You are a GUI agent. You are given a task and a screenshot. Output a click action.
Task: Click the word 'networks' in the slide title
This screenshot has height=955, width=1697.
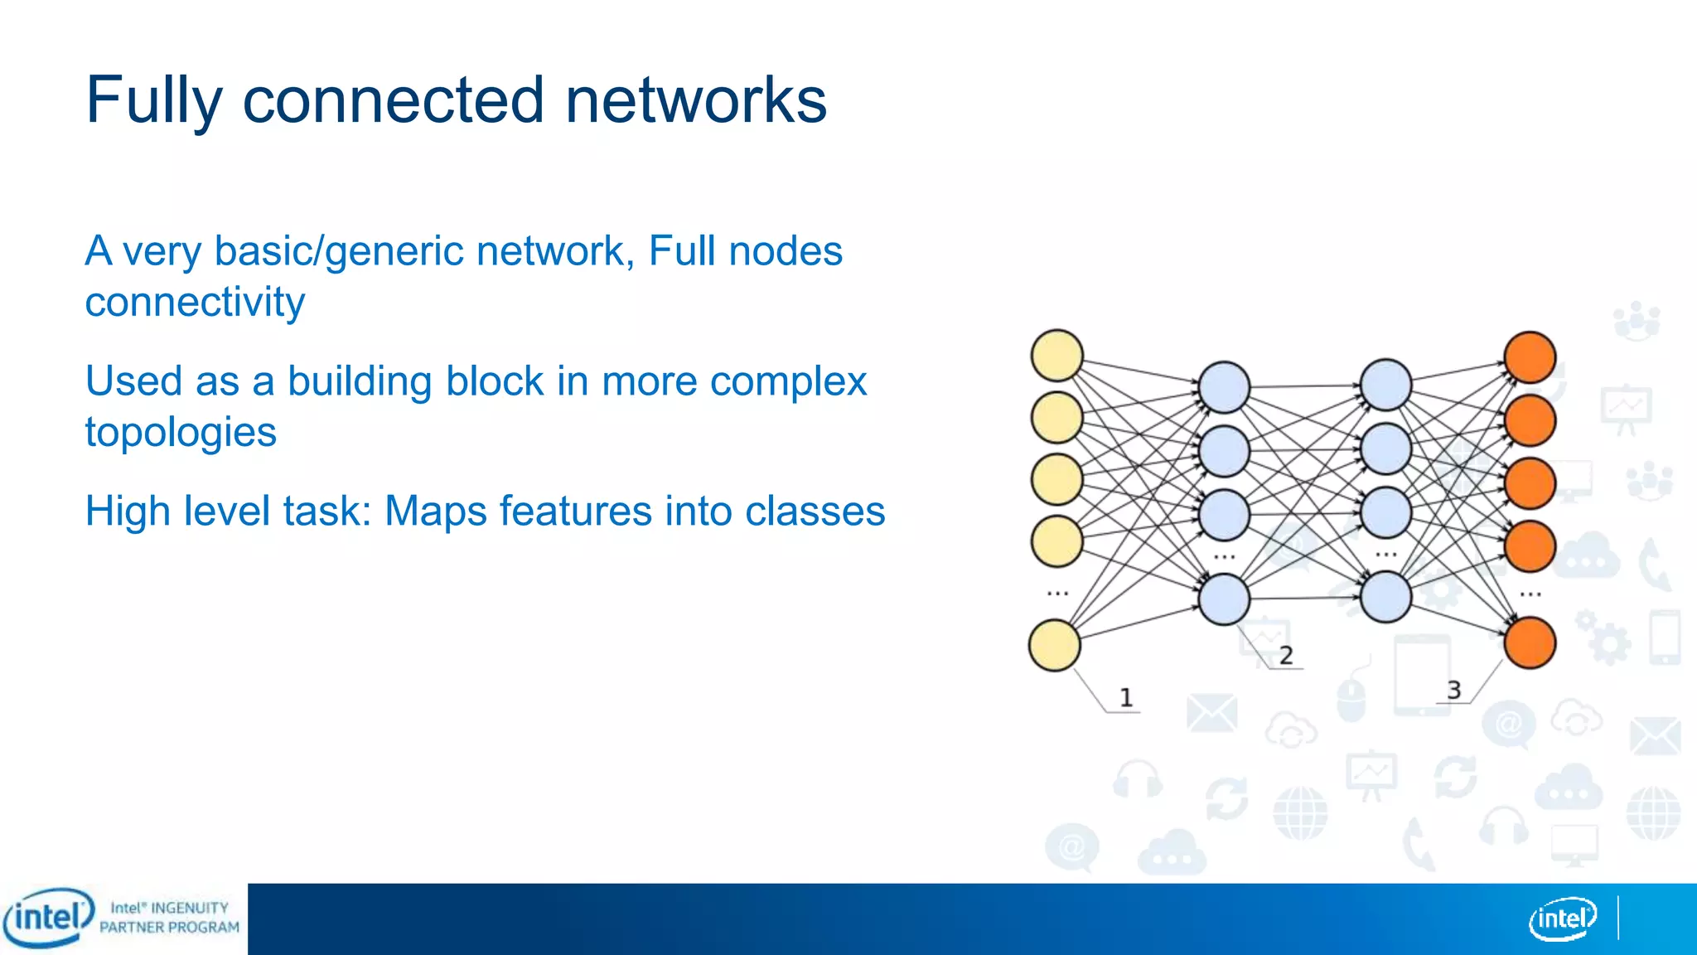[695, 100]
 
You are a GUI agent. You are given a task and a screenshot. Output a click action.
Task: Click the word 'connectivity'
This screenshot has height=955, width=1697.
[195, 303]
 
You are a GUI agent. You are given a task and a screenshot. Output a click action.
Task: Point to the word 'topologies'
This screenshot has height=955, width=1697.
[181, 432]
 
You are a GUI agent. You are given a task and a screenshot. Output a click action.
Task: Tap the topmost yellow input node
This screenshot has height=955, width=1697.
[1056, 356]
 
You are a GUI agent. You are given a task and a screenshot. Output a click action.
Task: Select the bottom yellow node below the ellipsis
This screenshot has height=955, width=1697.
[1054, 645]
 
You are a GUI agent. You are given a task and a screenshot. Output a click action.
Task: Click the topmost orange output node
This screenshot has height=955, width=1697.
[1530, 357]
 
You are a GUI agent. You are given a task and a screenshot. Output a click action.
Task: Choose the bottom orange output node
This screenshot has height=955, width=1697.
[1530, 642]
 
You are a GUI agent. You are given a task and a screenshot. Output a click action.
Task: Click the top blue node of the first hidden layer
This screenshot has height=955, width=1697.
[1224, 387]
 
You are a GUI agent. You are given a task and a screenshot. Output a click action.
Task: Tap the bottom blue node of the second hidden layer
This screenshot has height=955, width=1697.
[1385, 597]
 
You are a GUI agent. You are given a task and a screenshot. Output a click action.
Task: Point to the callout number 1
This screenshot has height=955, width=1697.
[1125, 698]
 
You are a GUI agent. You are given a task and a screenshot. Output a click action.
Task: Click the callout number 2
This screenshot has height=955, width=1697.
[1285, 656]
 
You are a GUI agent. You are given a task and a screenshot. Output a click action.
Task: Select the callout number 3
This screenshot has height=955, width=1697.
[1453, 690]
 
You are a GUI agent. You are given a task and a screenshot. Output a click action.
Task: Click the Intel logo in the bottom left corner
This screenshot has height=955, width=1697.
[47, 918]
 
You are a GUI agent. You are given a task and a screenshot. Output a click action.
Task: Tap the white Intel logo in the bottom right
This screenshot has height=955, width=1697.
[1562, 919]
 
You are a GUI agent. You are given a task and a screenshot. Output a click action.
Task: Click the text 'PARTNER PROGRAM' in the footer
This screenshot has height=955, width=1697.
[169, 928]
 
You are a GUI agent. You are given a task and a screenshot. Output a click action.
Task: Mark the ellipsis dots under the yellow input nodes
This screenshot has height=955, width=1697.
[1057, 594]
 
